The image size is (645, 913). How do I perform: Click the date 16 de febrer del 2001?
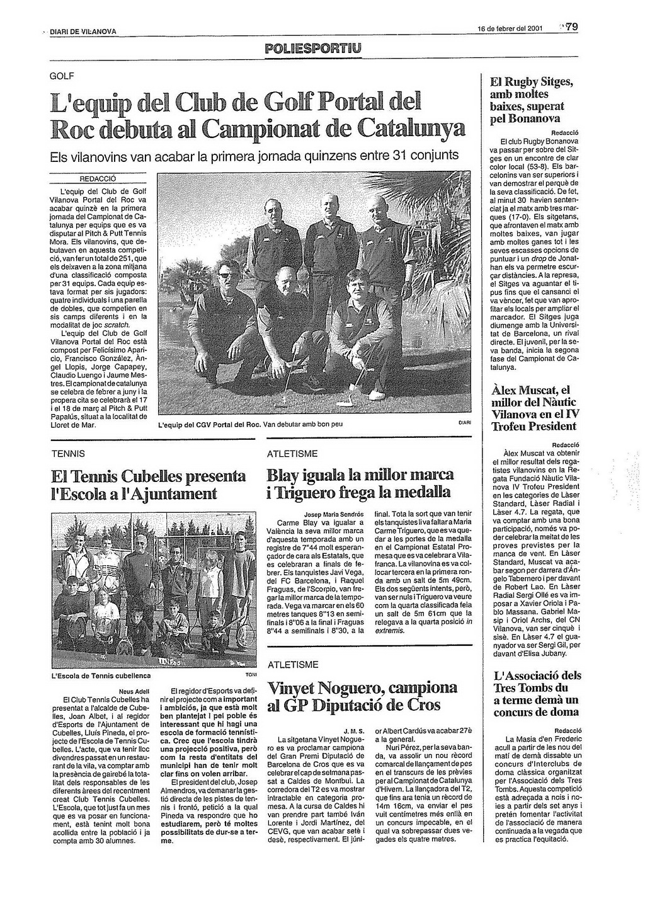(x=510, y=28)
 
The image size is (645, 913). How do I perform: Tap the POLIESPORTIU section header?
(x=314, y=48)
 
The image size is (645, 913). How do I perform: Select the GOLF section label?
(x=62, y=76)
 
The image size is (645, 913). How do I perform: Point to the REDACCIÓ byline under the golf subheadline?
(x=97, y=178)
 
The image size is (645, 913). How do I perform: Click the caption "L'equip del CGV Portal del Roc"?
(x=208, y=424)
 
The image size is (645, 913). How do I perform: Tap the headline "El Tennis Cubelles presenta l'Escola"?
(x=149, y=484)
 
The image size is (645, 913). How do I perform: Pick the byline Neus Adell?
(x=138, y=691)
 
